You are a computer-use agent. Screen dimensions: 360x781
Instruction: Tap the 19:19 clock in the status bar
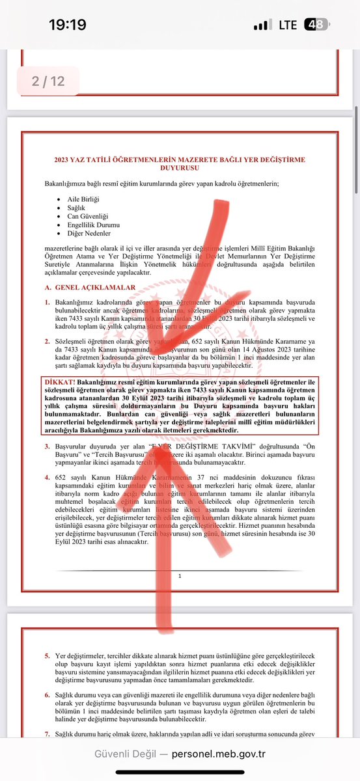(x=67, y=25)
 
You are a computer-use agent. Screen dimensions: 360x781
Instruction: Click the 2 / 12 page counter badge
(x=48, y=81)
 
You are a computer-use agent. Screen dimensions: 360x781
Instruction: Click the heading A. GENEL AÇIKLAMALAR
(x=90, y=287)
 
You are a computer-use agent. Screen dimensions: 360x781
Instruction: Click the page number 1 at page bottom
(x=180, y=576)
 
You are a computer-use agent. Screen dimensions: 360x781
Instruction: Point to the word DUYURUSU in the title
(x=179, y=168)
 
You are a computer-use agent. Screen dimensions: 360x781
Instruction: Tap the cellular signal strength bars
(x=262, y=25)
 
